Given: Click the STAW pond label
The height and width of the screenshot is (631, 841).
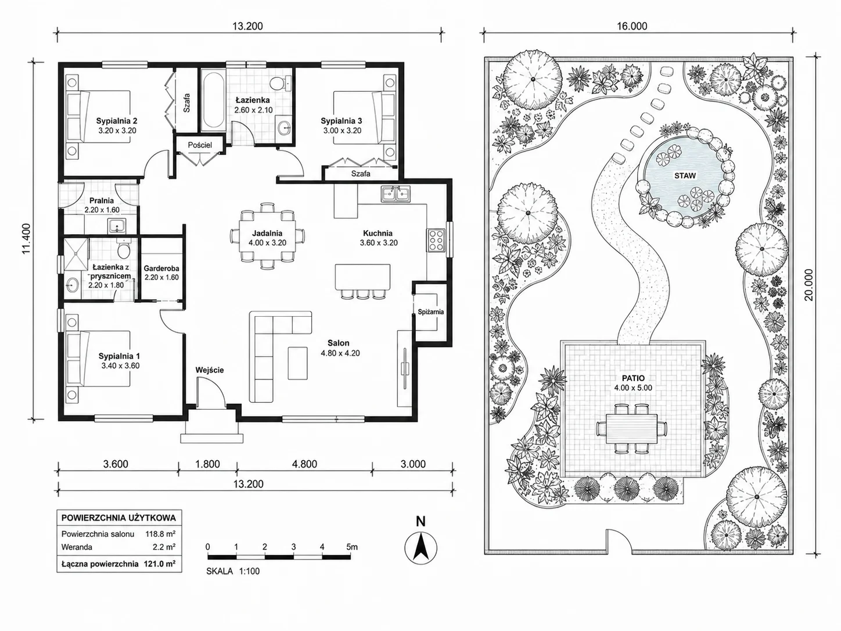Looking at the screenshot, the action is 685,176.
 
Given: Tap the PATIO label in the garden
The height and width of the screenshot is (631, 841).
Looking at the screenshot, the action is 633,378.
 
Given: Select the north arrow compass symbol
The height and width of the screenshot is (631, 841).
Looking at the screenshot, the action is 420,547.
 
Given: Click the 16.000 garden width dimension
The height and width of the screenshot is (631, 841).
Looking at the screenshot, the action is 632,26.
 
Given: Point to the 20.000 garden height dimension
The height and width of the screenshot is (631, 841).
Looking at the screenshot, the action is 809,285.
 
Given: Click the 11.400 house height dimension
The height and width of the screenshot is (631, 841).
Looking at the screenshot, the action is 26,239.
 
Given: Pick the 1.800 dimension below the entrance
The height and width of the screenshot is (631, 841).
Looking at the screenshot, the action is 208,464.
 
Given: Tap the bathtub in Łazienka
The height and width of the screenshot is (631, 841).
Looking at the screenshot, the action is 213,101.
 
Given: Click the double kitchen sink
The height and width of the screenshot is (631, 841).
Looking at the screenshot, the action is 396,194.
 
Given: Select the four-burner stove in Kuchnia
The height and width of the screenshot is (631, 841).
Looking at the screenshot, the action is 436,240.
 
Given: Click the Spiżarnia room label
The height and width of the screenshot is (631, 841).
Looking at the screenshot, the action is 430,312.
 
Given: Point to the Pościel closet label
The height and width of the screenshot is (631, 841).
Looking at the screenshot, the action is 200,145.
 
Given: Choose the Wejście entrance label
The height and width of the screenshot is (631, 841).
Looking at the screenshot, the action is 209,370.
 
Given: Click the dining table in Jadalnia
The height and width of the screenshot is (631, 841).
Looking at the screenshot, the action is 267,236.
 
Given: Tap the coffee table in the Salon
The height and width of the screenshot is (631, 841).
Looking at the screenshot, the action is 298,363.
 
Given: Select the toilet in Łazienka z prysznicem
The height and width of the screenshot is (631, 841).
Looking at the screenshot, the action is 123,249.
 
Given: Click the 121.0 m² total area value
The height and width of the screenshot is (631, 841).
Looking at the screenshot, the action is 159,564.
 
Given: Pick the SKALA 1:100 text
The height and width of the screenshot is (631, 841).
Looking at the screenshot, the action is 233,571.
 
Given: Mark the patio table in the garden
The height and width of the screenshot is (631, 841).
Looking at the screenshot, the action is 631,429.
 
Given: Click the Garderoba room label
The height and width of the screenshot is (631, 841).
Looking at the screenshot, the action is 161,268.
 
